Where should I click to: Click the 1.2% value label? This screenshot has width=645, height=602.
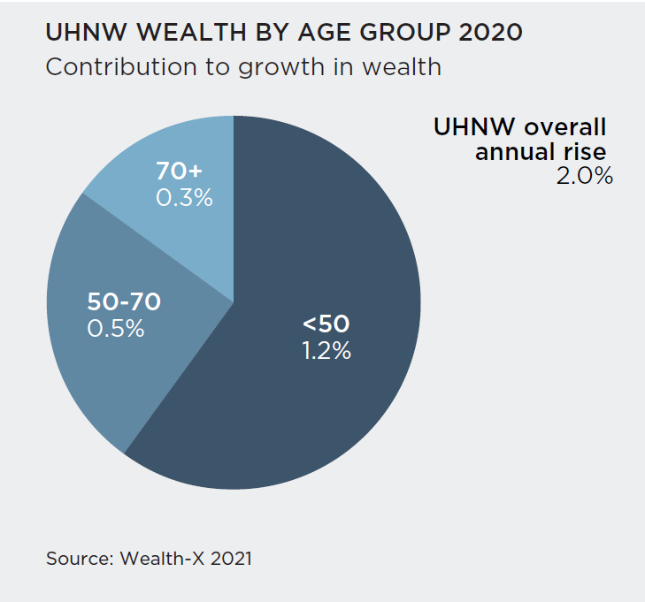(326, 351)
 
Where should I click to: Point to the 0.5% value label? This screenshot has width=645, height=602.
(116, 328)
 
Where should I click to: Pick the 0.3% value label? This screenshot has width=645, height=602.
(184, 198)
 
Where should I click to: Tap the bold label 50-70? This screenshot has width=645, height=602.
(124, 301)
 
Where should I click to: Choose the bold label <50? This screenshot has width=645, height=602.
(326, 324)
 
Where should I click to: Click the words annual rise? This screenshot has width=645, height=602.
(540, 151)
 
